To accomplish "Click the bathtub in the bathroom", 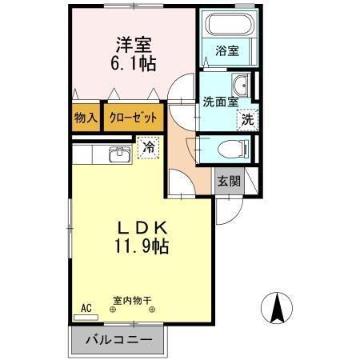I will pyautogui.click(x=227, y=25).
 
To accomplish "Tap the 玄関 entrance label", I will pyautogui.click(x=229, y=181).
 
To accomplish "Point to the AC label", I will pyautogui.click(x=85, y=306).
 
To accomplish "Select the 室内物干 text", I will pyautogui.click(x=132, y=301).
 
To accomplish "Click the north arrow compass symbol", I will pyautogui.click(x=277, y=308).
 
